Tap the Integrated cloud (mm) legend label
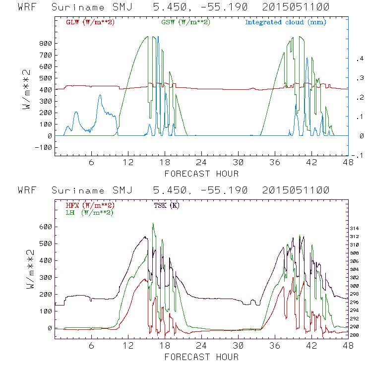(286, 22)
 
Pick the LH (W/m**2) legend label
(88, 212)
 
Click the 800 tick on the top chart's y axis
(46, 43)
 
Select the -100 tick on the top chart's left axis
(44, 147)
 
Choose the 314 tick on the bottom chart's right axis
(356, 228)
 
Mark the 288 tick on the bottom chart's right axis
(356, 335)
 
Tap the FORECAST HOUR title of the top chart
(201, 174)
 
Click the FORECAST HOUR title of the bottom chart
(201, 357)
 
